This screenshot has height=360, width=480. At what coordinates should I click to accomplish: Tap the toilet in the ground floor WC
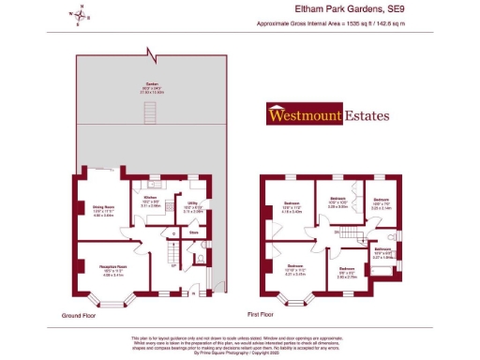[199, 259]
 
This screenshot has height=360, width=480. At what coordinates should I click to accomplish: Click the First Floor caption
[265, 314]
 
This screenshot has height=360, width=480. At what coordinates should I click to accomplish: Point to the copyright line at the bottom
[239, 352]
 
